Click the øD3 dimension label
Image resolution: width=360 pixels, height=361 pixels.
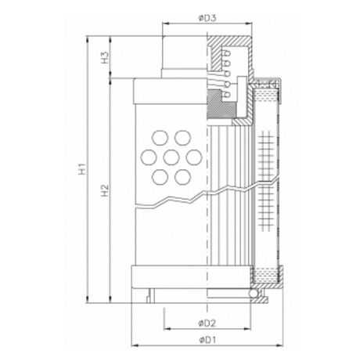tap(206, 14)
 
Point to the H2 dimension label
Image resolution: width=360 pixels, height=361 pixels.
tap(103, 190)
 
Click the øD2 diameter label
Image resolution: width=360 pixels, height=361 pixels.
tap(206, 322)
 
